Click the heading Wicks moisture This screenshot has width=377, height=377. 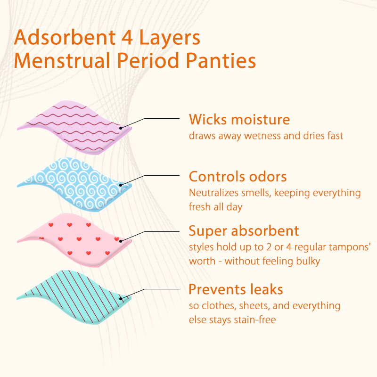[x=239, y=119]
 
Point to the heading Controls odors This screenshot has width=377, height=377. [x=238, y=177]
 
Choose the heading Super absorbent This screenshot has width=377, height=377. [x=244, y=231]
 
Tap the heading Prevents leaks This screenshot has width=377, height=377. [x=236, y=289]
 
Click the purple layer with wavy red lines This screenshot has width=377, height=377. [x=71, y=125]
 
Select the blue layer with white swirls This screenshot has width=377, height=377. [x=71, y=181]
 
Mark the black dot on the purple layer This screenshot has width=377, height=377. [x=121, y=127]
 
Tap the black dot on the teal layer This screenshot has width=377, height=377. [x=121, y=298]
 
